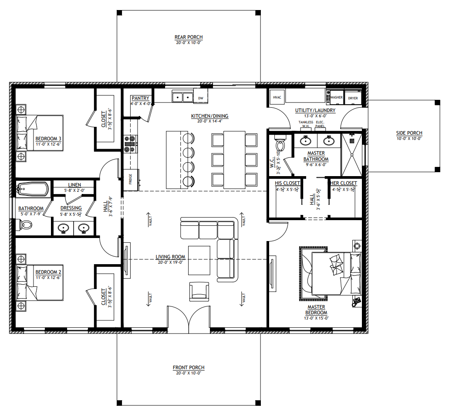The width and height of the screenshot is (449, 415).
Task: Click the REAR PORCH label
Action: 189,37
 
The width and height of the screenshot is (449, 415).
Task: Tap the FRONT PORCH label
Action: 189,367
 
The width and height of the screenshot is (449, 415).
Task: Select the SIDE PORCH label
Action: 409,133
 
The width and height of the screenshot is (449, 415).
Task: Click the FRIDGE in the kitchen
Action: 131,180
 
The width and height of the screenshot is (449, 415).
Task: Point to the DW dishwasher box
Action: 201,98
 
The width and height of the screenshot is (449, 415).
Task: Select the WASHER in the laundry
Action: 336,98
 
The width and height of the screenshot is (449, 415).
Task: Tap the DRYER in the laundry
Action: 353,98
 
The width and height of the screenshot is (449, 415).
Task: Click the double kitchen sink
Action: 182,97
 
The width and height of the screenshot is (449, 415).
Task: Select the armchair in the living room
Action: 199,291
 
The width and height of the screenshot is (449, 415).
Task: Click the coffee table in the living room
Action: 199,260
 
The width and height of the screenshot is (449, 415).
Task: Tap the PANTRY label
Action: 140,98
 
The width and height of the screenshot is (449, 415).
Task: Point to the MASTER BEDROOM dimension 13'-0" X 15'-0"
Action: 316,318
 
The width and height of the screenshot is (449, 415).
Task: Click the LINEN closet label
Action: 74,185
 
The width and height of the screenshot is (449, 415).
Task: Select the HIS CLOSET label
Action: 287,183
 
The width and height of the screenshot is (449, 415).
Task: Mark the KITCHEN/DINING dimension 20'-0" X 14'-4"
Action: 209,121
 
